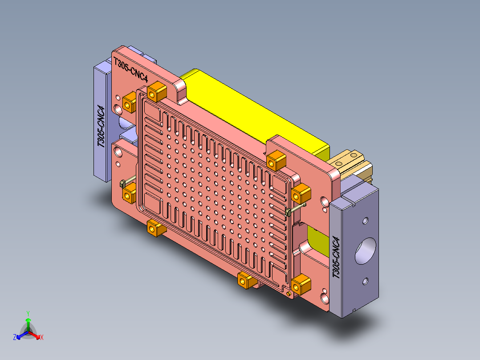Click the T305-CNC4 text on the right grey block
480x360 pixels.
tap(337, 258)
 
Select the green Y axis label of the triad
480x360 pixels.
tap(28, 313)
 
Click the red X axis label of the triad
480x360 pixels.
tap(42, 338)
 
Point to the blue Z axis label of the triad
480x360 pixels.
tap(15, 338)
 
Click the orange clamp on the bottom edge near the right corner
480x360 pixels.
tap(246, 280)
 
